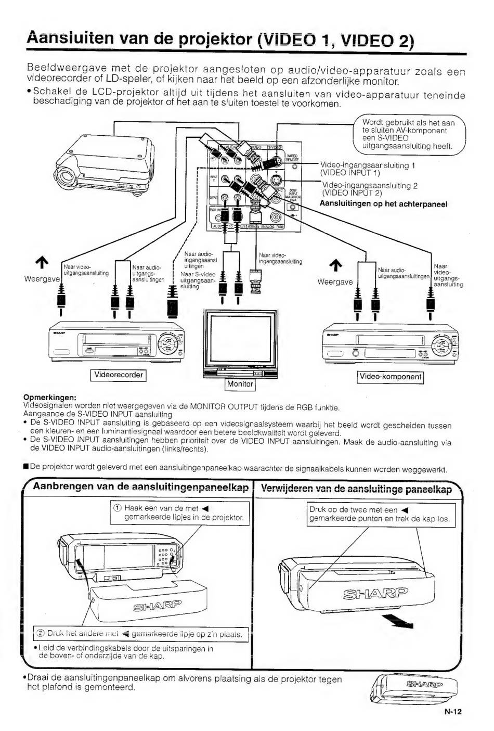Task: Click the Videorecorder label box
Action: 119,375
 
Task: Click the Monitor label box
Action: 240,384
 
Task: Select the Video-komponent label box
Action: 391,377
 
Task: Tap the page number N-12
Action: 453,712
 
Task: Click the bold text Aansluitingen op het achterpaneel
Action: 383,203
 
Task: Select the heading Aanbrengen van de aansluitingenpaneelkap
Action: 140,487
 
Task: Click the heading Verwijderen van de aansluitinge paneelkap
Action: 356,489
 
